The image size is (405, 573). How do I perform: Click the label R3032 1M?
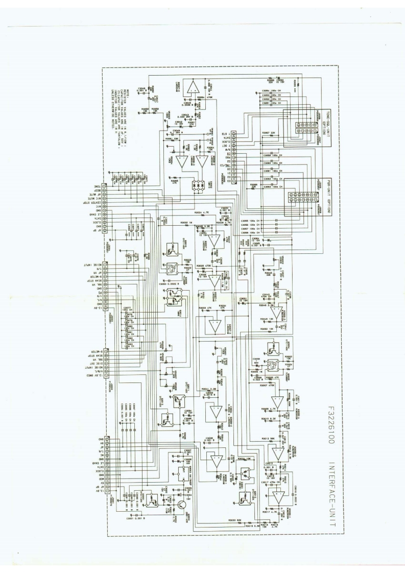click(x=187, y=223)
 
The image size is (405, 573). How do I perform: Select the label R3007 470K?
click(x=267, y=386)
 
